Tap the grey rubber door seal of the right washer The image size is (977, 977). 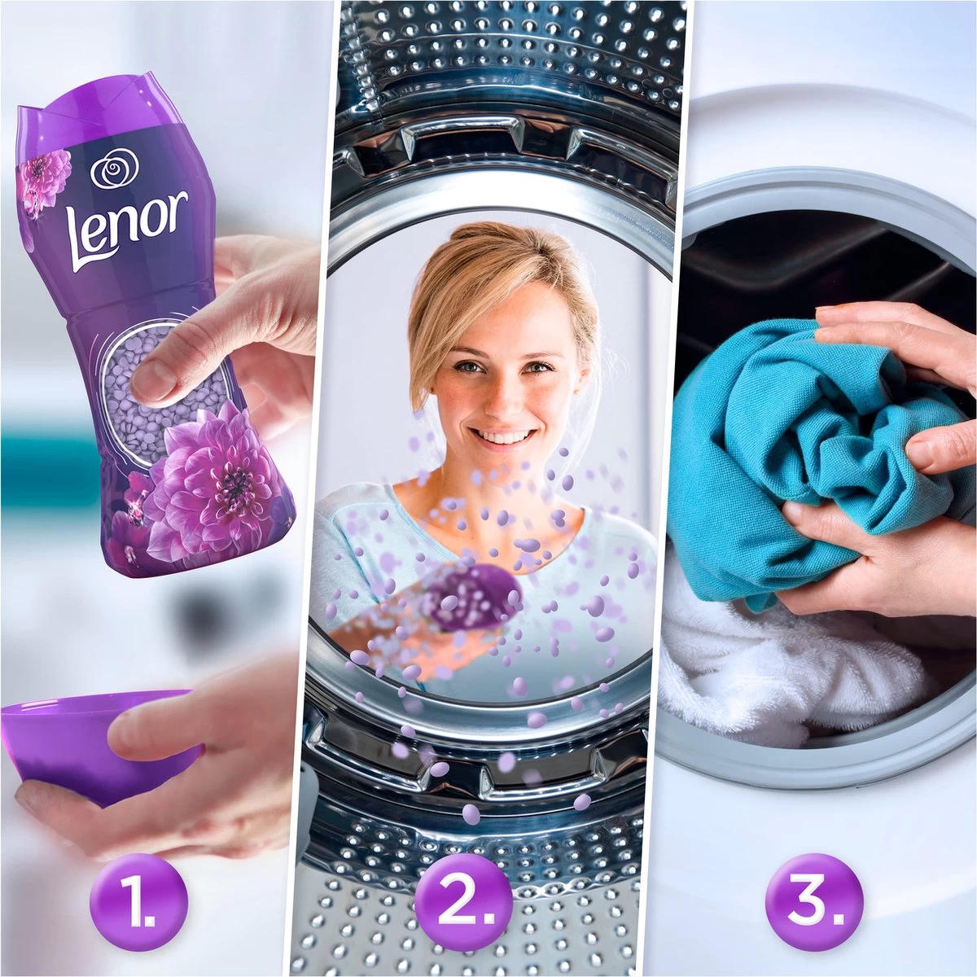pyautogui.click(x=814, y=757)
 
